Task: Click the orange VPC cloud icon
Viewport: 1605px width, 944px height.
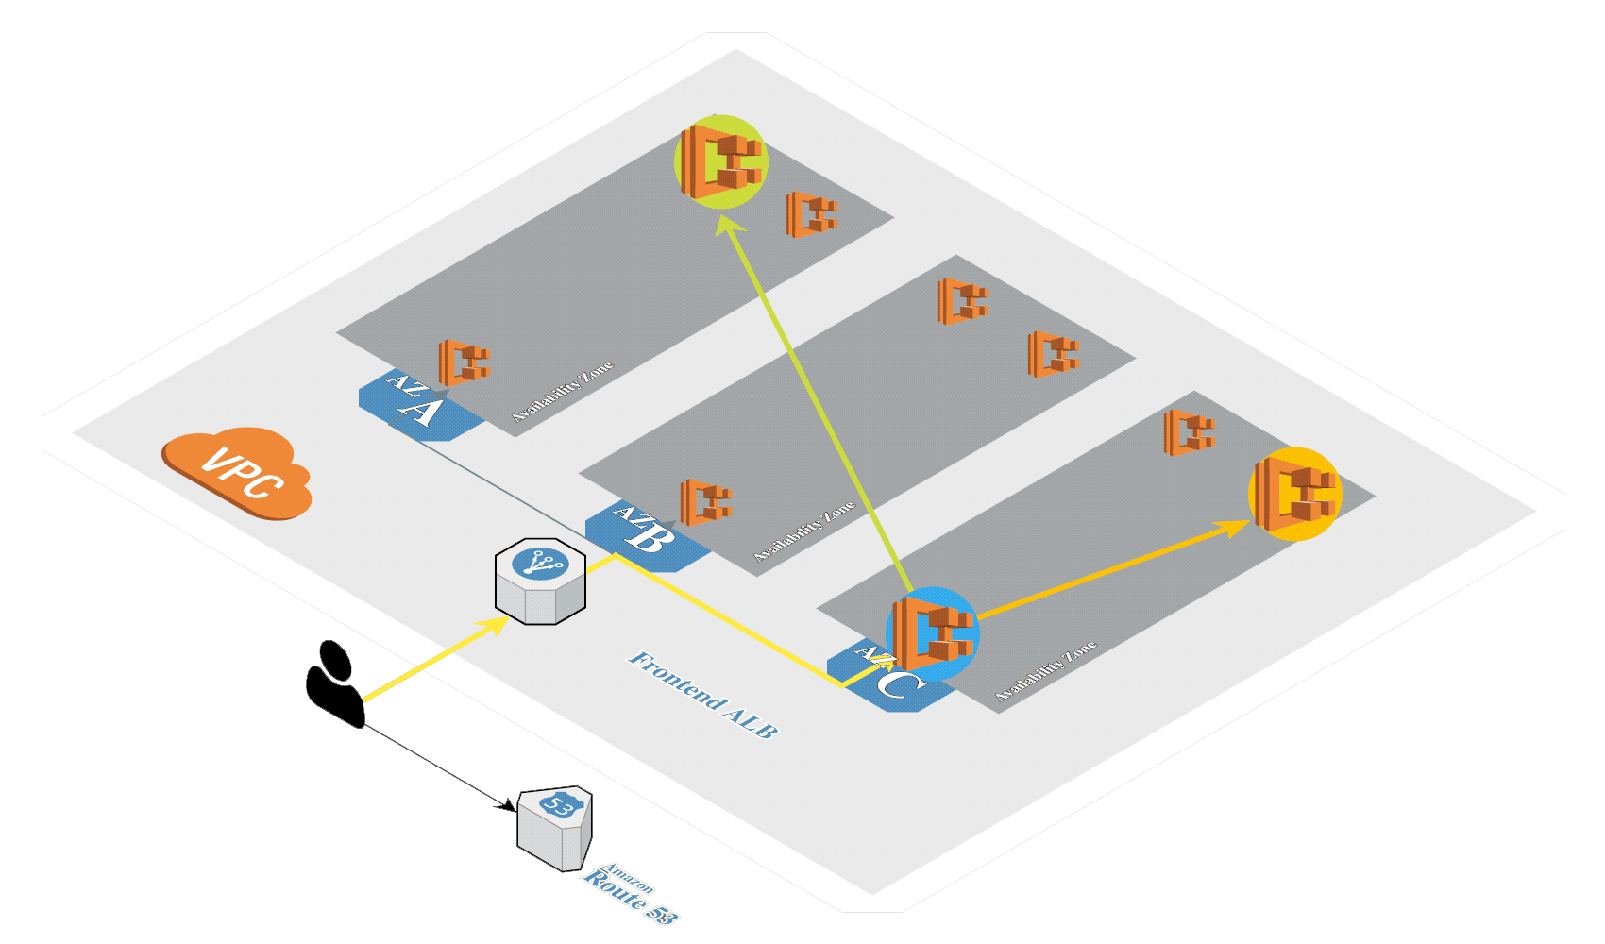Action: point(237,472)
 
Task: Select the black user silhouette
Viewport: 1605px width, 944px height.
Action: point(334,685)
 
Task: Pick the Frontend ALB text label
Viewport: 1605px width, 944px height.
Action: point(703,695)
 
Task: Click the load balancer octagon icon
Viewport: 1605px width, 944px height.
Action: point(541,582)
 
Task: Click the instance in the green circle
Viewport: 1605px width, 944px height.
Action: point(721,161)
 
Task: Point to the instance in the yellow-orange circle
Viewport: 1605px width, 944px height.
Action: point(1294,494)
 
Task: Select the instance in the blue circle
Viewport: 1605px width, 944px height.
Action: point(932,633)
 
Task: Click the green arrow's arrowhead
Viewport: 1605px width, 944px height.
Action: point(728,223)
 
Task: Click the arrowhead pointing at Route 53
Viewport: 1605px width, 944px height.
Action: point(508,806)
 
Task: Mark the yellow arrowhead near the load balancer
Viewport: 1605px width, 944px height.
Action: point(495,625)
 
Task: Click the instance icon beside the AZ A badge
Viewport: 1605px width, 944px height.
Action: point(464,362)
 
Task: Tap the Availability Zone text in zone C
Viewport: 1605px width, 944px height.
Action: point(1046,671)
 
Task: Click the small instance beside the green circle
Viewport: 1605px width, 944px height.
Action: point(811,214)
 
